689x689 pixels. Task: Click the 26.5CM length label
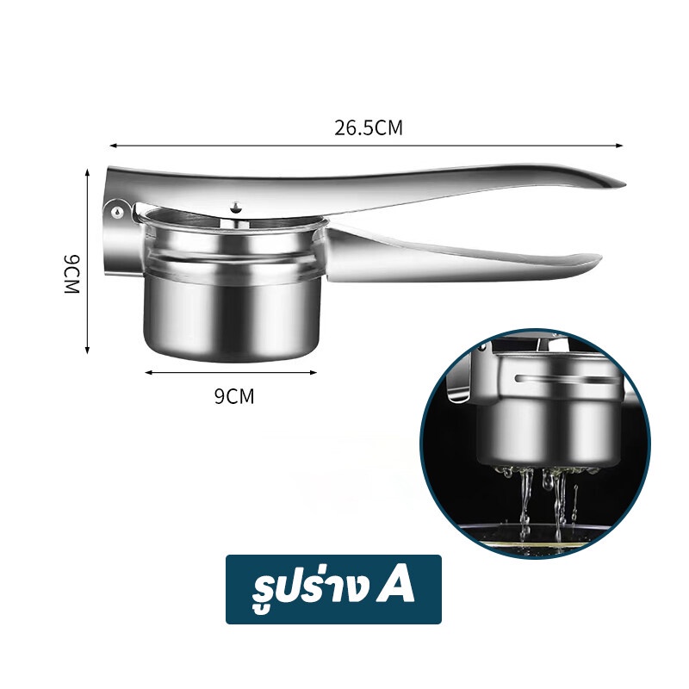369,127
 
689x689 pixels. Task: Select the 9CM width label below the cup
234,396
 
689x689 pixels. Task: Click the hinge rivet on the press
117,212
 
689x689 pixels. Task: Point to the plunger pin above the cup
236,208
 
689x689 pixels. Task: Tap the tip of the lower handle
599,258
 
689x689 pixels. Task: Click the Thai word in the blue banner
310,589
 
